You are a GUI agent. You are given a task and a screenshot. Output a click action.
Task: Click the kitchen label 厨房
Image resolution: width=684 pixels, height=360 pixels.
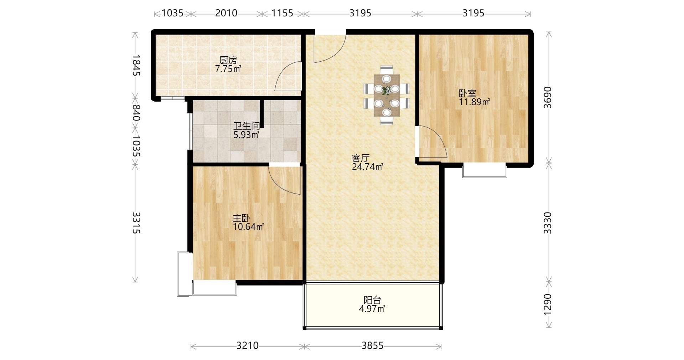228,60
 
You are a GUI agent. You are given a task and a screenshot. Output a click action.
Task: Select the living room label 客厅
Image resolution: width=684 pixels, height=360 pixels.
361,158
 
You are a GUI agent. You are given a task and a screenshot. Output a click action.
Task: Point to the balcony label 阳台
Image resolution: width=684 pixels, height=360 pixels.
373,300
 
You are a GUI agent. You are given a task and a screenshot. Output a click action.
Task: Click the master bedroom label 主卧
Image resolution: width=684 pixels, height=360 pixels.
242,218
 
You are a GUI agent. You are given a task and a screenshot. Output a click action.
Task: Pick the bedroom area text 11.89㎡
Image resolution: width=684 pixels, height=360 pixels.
474,102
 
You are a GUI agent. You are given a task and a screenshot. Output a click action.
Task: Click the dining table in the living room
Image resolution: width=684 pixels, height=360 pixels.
387,95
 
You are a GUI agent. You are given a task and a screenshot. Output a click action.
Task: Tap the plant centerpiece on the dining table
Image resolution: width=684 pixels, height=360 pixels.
386,91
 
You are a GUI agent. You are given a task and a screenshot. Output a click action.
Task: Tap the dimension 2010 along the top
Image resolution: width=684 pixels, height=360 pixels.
226,13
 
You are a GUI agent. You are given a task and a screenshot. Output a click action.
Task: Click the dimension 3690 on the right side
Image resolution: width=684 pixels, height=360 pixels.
548,97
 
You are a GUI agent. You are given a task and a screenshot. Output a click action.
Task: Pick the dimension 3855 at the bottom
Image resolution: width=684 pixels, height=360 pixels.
373,346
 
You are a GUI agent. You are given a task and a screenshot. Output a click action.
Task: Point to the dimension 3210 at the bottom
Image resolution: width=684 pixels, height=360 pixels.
248,346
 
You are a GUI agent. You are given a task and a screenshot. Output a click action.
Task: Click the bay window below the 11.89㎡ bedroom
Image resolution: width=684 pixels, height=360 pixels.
484,170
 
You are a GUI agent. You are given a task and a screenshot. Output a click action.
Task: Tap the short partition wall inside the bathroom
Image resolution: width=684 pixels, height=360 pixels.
261,114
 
